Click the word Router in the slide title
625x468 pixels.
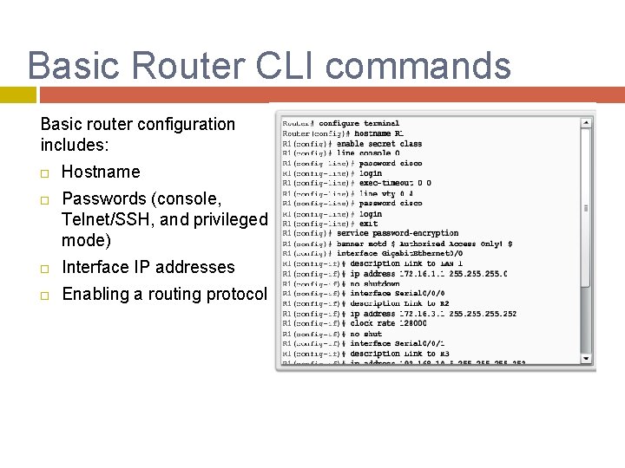tap(201, 67)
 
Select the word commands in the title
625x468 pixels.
tap(431, 67)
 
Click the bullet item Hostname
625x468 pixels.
tap(101, 172)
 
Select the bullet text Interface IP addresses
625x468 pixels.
tap(148, 267)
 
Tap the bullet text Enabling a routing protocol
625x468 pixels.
tap(164, 294)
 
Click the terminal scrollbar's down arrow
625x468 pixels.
tap(588, 357)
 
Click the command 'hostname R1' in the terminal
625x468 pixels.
tap(377, 133)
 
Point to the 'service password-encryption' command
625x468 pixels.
tap(398, 233)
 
